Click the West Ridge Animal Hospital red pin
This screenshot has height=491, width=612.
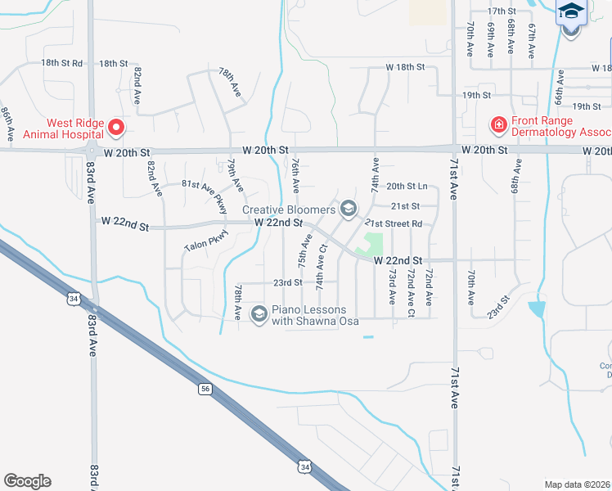point(115,128)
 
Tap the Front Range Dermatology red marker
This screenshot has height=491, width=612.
point(497,125)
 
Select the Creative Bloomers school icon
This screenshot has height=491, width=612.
point(349,209)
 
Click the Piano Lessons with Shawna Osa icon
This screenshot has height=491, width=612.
point(259,314)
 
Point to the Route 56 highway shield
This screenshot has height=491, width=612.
point(205,389)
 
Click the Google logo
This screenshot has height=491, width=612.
point(27,481)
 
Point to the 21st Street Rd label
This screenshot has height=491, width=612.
point(394,223)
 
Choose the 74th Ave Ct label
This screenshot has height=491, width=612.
point(322,265)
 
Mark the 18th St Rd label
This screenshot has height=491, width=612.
point(62,63)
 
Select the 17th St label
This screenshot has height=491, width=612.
point(502,11)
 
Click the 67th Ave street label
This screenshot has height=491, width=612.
point(532,40)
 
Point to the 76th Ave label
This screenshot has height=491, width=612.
point(294,175)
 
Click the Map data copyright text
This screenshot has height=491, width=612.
point(578,484)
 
